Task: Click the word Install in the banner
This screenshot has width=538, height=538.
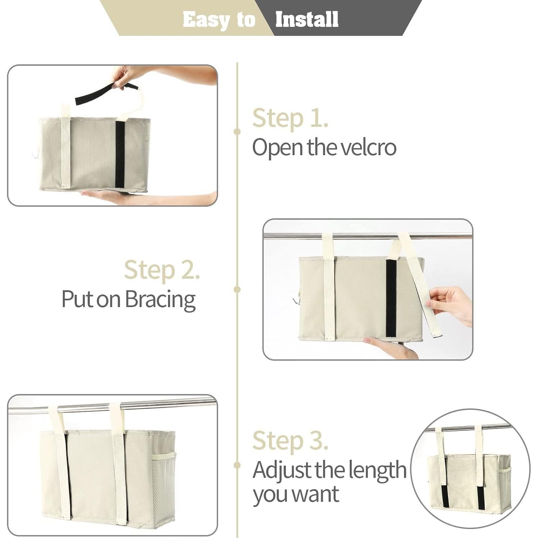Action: (x=306, y=19)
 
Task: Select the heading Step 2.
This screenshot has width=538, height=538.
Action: (x=162, y=270)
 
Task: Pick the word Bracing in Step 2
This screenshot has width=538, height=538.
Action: (x=160, y=299)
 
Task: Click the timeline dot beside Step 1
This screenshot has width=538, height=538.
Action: (x=237, y=131)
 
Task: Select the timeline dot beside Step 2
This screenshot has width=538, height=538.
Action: (x=237, y=289)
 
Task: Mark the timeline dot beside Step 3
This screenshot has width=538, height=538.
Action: (x=237, y=465)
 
